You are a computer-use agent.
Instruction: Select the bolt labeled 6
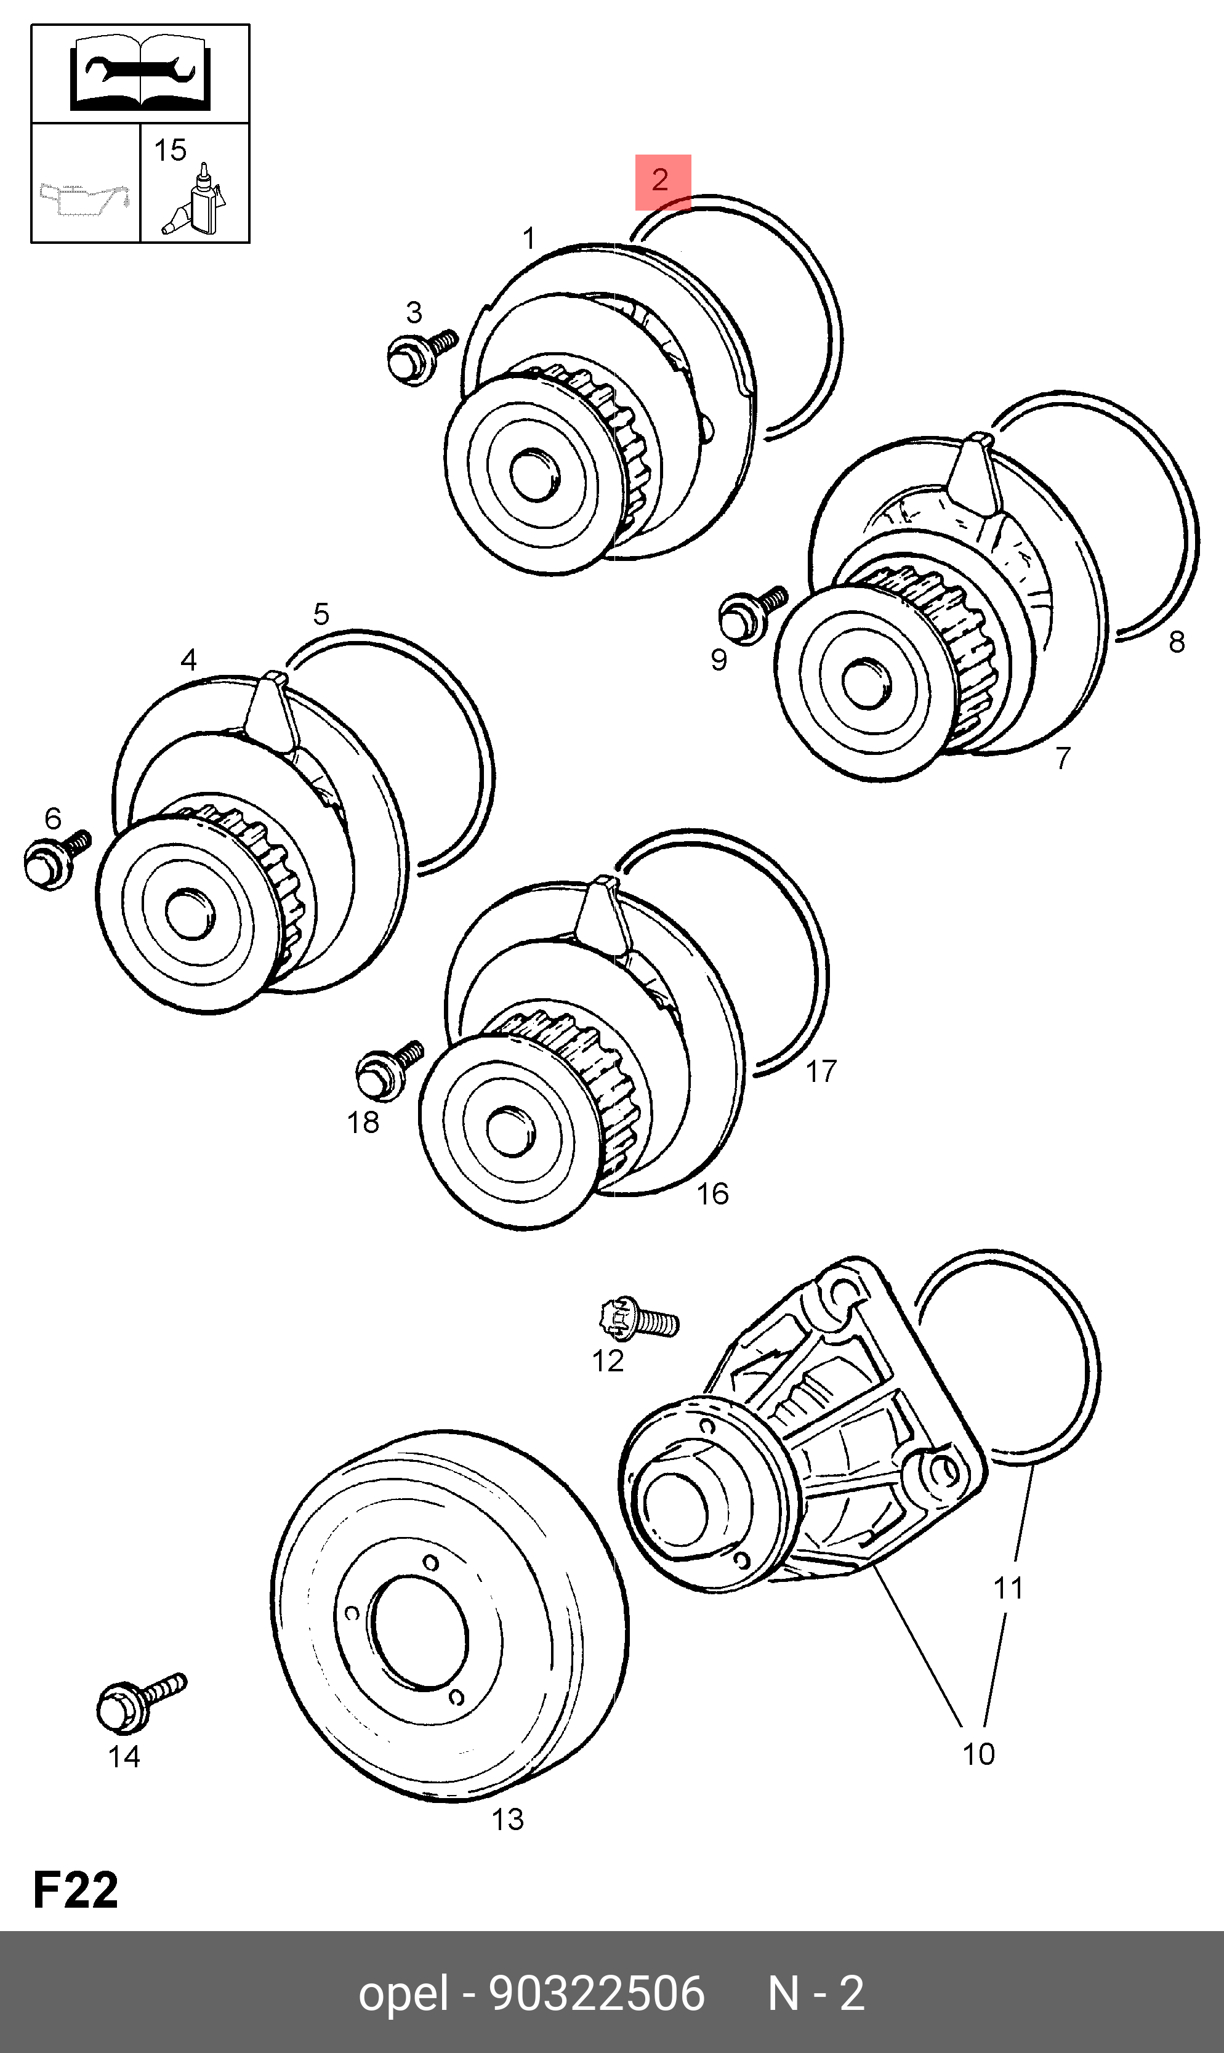click(54, 860)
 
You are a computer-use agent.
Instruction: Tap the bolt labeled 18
click(386, 1069)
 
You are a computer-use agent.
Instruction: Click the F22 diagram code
click(75, 1890)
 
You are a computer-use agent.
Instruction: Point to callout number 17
click(821, 1071)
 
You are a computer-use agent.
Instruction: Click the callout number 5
click(321, 614)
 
